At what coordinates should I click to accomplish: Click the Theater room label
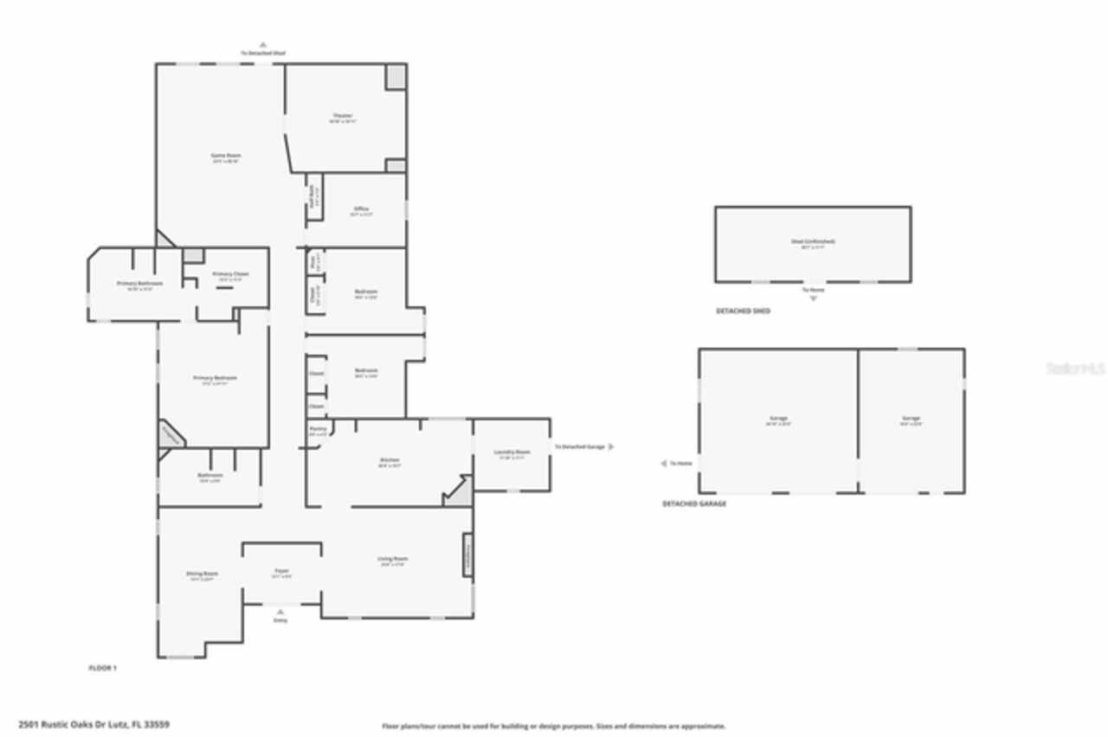(343, 116)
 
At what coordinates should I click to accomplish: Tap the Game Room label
(225, 156)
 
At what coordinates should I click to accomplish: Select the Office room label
(361, 209)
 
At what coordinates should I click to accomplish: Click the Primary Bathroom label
(139, 283)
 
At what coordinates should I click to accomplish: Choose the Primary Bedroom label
(215, 378)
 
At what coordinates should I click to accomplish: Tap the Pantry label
(318, 429)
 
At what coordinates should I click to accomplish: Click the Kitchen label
(390, 460)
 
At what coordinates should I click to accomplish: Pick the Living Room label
(392, 559)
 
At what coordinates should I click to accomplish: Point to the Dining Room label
(202, 574)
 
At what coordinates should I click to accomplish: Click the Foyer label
(281, 571)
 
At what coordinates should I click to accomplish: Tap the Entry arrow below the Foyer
(280, 611)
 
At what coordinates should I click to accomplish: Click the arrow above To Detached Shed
(263, 44)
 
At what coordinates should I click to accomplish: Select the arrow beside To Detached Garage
(612, 446)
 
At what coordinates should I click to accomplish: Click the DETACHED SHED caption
(742, 311)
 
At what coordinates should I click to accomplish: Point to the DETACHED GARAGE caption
(694, 503)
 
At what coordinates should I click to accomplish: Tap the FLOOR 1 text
(102, 668)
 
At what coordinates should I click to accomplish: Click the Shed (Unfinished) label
(813, 242)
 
